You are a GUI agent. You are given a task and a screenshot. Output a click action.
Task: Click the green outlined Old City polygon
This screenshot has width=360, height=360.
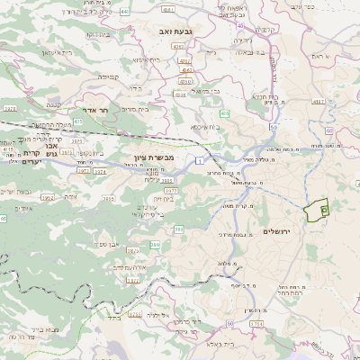coord(317,211)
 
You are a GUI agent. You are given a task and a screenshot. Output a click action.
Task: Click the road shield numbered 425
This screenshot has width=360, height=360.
coord(224,113)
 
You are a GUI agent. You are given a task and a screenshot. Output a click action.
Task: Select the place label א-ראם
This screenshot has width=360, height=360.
coord(319,56)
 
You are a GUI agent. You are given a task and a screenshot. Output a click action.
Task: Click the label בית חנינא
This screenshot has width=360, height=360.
coord(262,95)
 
